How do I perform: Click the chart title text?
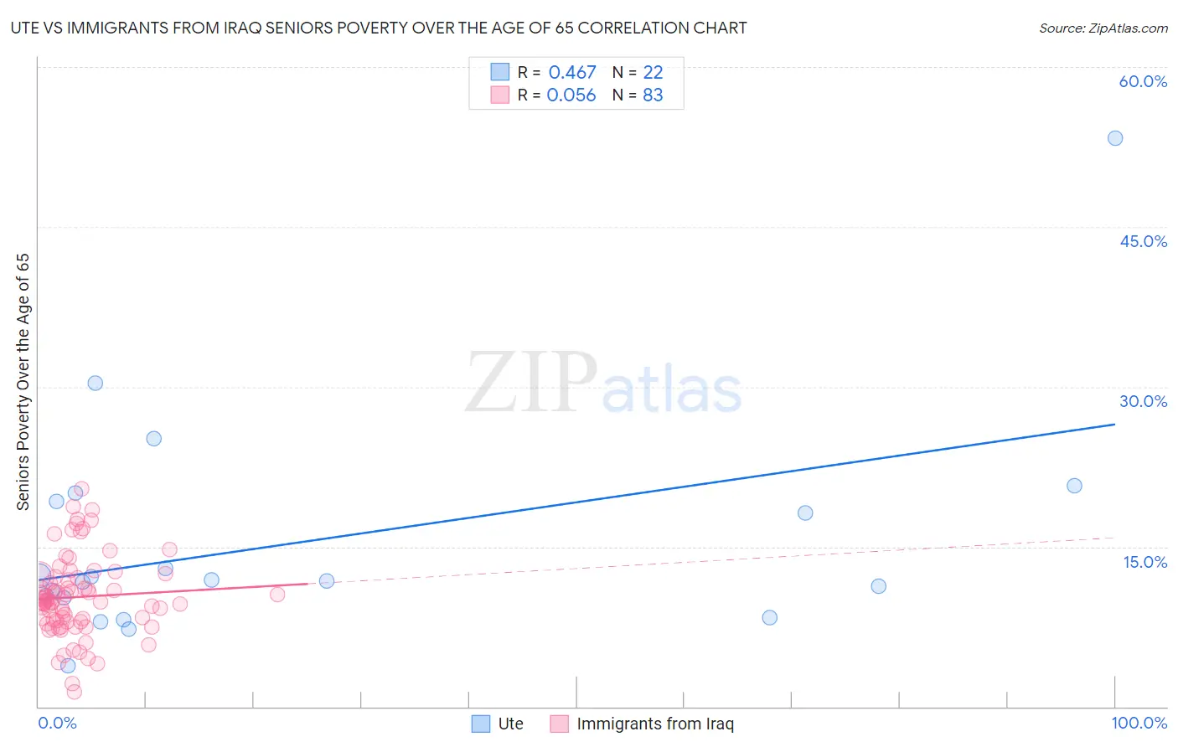coord(379,28)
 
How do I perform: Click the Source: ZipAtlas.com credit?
coord(1103,28)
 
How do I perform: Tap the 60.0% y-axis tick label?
coord(1143,81)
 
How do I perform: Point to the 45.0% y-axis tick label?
coord(1143,241)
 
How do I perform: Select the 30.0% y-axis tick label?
coord(1143,401)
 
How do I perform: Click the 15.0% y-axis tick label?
coord(1144,562)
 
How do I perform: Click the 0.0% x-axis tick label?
coord(57,723)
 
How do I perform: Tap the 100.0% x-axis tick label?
coord(1139,723)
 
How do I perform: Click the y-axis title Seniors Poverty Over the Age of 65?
coord(23,381)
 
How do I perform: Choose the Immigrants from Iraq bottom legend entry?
coord(642,724)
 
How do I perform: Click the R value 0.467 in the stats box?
coord(572,73)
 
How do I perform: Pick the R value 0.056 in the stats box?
coord(571,95)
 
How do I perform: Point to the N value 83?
coord(653,95)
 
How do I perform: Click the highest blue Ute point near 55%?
coord(1115,138)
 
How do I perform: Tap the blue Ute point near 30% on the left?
coord(96,383)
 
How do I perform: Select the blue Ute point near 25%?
coord(154,438)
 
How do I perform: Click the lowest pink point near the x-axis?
coord(74,692)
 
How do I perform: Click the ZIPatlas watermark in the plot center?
coord(603,384)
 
